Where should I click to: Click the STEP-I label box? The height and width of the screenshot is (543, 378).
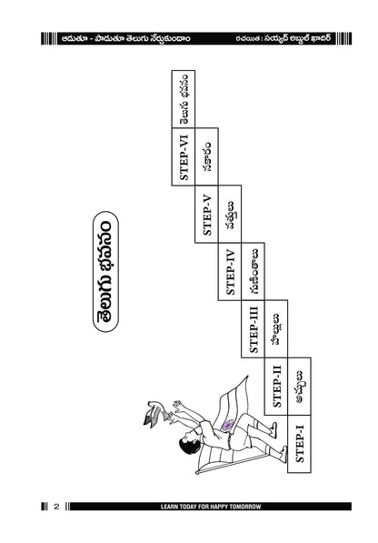click(299, 444)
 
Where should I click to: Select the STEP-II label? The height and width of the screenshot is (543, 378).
click(276, 387)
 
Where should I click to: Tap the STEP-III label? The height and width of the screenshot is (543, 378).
click(254, 329)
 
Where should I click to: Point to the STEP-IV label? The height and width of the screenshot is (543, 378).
click(230, 271)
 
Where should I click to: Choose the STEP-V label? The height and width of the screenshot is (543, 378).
click(207, 215)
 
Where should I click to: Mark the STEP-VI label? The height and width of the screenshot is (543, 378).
click(184, 156)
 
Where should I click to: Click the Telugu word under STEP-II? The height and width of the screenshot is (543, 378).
click(300, 387)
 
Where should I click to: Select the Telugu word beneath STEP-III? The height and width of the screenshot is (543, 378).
click(276, 329)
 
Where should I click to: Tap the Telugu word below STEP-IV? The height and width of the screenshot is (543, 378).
click(254, 271)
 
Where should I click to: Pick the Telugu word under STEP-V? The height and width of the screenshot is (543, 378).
click(230, 215)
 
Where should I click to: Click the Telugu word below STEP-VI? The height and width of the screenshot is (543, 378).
click(207, 156)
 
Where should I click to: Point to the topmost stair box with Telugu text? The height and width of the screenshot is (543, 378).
click(184, 99)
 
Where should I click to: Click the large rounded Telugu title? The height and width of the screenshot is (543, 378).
click(105, 271)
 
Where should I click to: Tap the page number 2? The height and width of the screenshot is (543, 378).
click(56, 507)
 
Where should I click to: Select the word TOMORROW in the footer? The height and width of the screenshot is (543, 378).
click(249, 507)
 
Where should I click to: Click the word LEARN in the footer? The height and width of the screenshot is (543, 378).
click(168, 507)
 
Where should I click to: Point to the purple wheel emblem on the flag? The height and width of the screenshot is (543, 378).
click(228, 425)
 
